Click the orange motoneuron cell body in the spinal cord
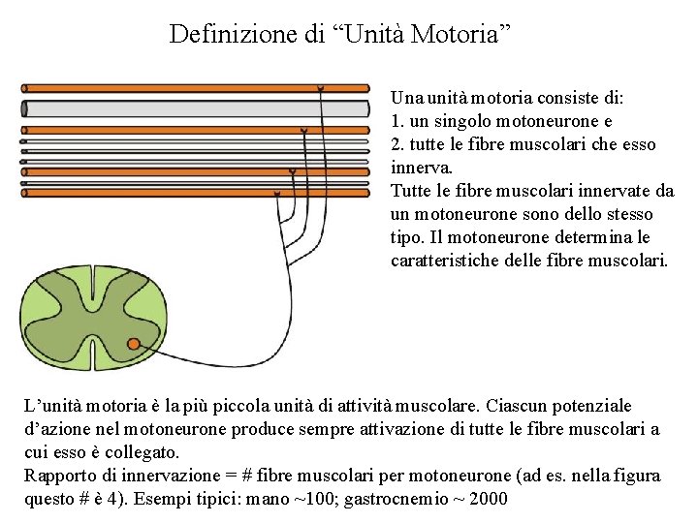[x=134, y=342]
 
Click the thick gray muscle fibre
[x=194, y=108]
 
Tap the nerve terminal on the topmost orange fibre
[x=321, y=88]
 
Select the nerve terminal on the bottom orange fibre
[x=277, y=194]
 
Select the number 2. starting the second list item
[x=397, y=145]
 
